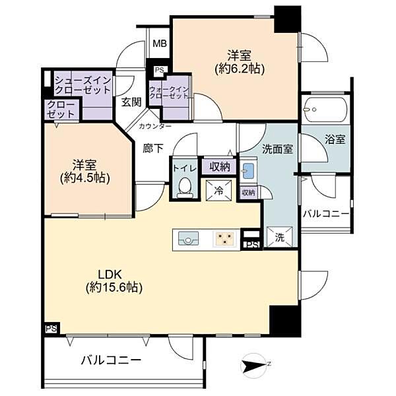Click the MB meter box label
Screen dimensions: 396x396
pos(160,44)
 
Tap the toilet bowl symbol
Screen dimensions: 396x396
pos(185,188)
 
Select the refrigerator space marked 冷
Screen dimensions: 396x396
pos(218,191)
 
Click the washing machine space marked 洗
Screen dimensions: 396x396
pos(280,238)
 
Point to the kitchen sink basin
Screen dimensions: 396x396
pos(188,239)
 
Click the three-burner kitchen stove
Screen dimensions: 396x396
pos(225,239)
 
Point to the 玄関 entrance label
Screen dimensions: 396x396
pos(131,102)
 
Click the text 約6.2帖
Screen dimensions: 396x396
pos(240,69)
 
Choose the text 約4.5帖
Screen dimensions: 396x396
pos(85,178)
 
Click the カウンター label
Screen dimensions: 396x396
pos(155,126)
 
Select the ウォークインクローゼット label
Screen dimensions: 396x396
pos(169,92)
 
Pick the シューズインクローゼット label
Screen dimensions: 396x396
pos(83,85)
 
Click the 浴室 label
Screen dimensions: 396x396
pos(335,139)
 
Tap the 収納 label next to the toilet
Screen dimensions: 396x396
pos(220,167)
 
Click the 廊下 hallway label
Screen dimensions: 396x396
pos(153,148)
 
